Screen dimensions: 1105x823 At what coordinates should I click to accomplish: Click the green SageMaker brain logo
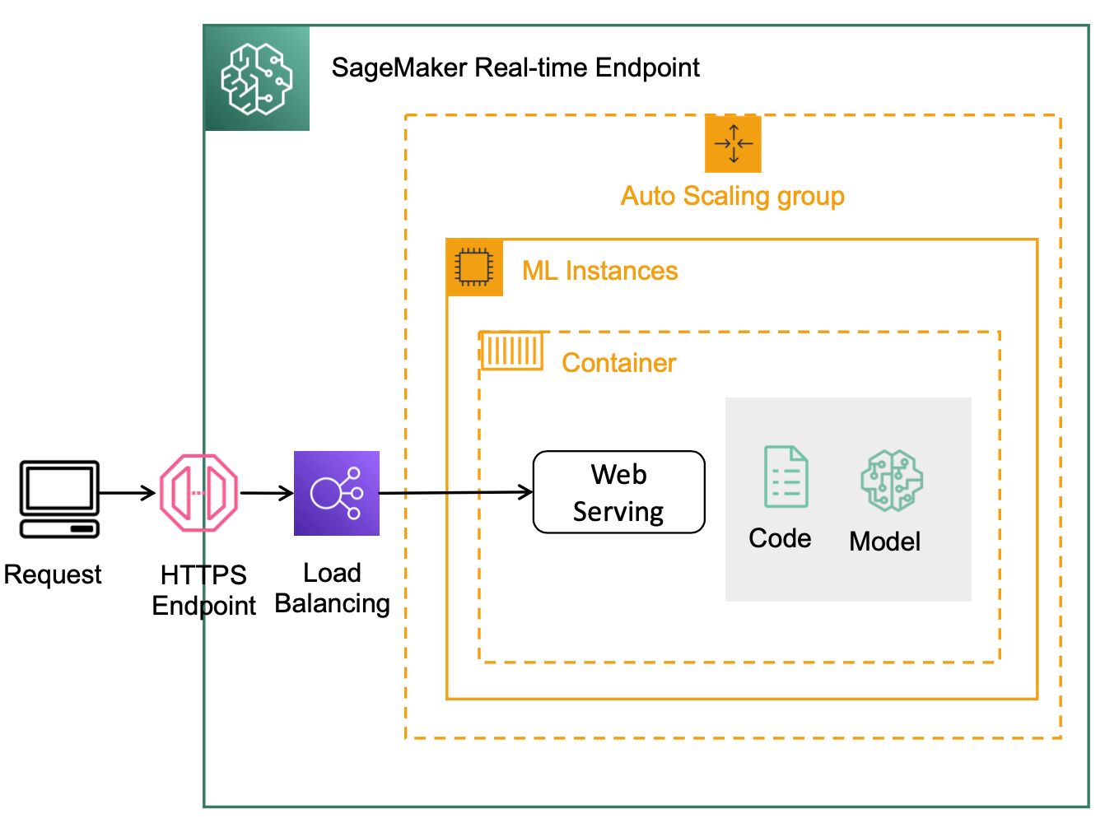pyautogui.click(x=257, y=79)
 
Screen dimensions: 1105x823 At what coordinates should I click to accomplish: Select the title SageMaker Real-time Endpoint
pyautogui.click(x=515, y=67)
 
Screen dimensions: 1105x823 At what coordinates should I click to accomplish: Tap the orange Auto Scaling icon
pyautogui.click(x=733, y=144)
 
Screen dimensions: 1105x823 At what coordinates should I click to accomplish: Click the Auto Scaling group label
pyautogui.click(x=732, y=196)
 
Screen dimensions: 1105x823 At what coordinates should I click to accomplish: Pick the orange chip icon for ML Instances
pyautogui.click(x=474, y=267)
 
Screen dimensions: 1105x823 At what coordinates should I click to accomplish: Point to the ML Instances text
pyautogui.click(x=599, y=271)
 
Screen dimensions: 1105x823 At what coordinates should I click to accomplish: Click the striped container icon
pyautogui.click(x=511, y=351)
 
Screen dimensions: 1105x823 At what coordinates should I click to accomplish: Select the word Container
pyautogui.click(x=618, y=363)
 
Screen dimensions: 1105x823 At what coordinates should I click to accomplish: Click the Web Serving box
pyautogui.click(x=618, y=492)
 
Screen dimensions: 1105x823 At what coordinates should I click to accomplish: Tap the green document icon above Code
pyautogui.click(x=786, y=477)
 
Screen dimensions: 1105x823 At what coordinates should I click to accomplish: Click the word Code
pyautogui.click(x=780, y=538)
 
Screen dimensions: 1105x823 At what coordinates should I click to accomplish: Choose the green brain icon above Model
pyautogui.click(x=892, y=481)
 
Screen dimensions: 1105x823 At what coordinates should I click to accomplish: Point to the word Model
pyautogui.click(x=885, y=542)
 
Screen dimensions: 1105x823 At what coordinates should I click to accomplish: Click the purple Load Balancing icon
pyautogui.click(x=337, y=494)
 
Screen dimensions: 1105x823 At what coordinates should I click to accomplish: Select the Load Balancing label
pyautogui.click(x=333, y=588)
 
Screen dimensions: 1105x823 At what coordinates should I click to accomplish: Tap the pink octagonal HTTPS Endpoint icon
pyautogui.click(x=198, y=493)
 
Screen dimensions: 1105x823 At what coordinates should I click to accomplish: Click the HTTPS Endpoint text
pyautogui.click(x=203, y=591)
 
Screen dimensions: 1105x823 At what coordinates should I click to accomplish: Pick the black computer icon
pyautogui.click(x=60, y=500)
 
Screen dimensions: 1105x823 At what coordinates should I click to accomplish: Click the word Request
pyautogui.click(x=53, y=575)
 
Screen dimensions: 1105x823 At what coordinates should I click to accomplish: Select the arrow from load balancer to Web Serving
pyautogui.click(x=456, y=493)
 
